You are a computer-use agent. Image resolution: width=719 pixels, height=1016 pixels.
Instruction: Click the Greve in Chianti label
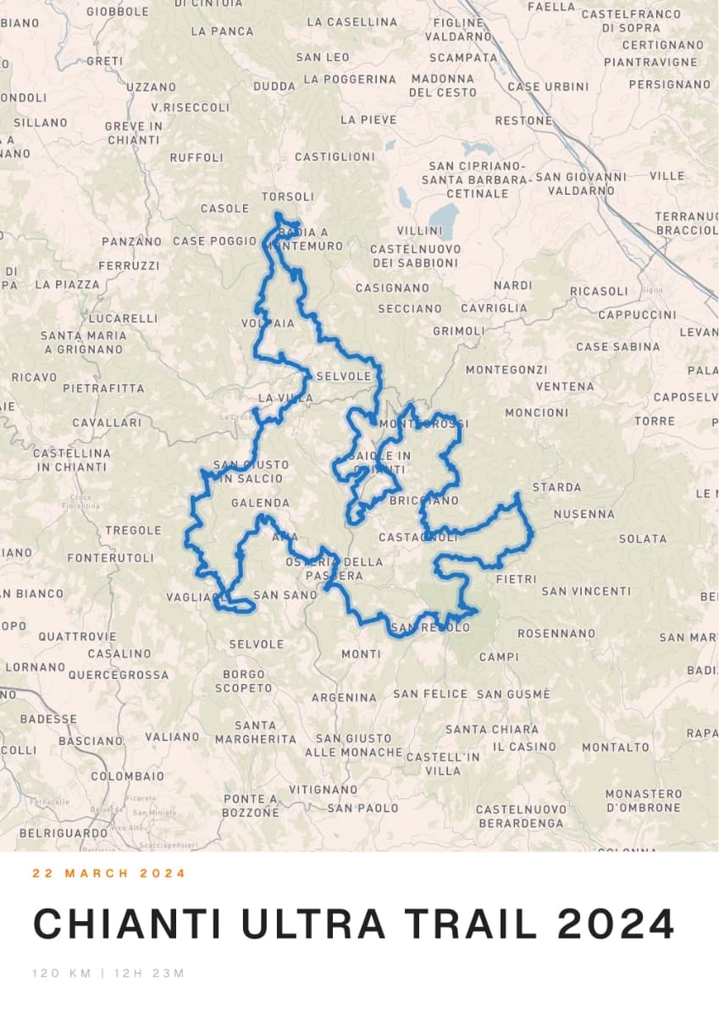(x=133, y=133)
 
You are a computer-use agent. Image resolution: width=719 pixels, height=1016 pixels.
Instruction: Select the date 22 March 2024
(x=109, y=873)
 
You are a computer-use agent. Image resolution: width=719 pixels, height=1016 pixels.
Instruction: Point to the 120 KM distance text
(x=62, y=973)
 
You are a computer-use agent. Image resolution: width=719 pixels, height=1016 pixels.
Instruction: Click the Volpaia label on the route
(x=268, y=323)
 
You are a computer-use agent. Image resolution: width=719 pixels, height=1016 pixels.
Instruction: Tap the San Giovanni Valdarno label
(x=581, y=184)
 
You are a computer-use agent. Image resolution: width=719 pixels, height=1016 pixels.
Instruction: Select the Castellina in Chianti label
(x=72, y=460)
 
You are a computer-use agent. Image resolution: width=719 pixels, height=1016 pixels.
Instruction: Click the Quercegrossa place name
(x=119, y=675)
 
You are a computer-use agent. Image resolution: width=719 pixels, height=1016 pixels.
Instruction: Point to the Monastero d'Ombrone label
(x=643, y=800)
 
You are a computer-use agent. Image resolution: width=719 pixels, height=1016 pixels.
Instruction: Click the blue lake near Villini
(x=443, y=221)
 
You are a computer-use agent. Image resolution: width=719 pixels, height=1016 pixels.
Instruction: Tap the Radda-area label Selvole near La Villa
(x=343, y=376)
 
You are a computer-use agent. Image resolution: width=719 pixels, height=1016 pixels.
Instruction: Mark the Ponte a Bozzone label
(x=251, y=805)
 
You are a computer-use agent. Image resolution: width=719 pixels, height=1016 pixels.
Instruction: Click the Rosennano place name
(x=556, y=633)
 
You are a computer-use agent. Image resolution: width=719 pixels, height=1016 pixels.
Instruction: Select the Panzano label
(x=131, y=241)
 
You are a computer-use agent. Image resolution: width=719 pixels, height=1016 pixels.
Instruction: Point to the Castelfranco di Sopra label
(x=631, y=21)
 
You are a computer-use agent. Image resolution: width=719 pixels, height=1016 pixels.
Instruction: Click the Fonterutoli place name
(x=111, y=558)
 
